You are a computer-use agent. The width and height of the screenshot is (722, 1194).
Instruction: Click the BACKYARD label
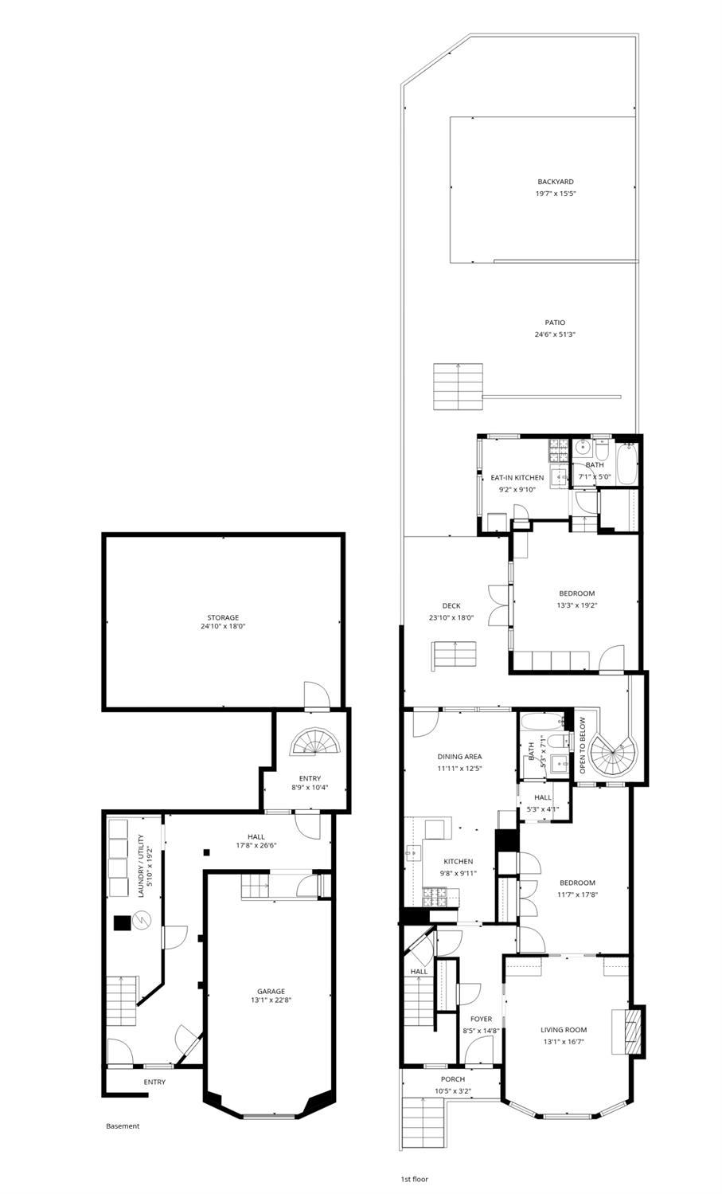[555, 182]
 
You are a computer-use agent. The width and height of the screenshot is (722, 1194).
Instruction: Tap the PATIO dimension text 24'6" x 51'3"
[555, 335]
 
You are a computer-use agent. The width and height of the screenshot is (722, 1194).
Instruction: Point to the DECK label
[451, 606]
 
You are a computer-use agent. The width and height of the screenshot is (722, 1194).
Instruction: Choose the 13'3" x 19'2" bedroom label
[576, 593]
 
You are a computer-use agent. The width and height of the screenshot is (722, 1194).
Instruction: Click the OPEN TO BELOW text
[582, 746]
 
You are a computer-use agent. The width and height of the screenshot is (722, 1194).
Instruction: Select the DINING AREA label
[459, 757]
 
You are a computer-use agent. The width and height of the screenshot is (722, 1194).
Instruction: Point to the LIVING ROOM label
[564, 1030]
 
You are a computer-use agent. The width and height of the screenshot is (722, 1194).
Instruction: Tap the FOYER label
[481, 1019]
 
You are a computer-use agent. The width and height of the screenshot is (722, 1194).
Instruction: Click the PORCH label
[452, 1079]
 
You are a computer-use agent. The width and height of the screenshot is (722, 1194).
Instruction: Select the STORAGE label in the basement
[223, 617]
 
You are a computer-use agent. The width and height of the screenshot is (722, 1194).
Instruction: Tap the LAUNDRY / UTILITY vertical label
[142, 866]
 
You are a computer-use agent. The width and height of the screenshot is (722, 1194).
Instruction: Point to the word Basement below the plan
[123, 1126]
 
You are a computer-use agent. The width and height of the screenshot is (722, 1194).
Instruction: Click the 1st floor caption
[414, 1179]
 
